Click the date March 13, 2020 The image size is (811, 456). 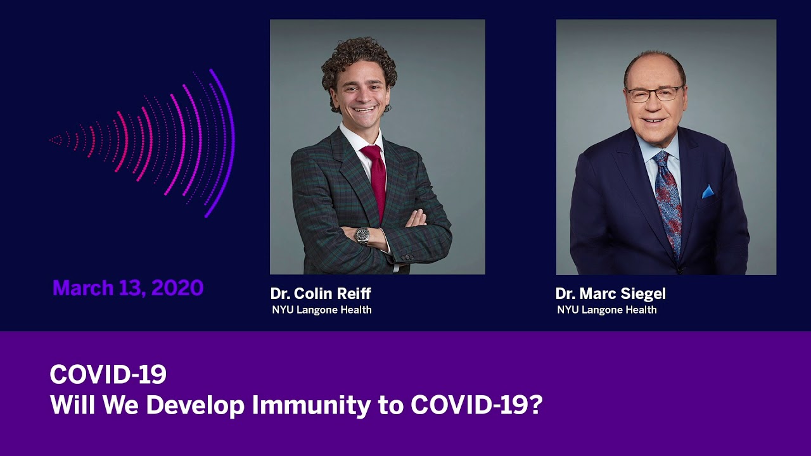[x=128, y=288]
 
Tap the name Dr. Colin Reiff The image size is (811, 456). [x=321, y=293]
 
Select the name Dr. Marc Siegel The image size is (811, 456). [x=610, y=293]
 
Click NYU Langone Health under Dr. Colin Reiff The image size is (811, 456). [x=322, y=310]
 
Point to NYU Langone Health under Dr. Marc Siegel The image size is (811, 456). [x=607, y=310]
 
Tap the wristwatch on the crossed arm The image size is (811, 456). [x=362, y=235]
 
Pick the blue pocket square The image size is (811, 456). [x=708, y=191]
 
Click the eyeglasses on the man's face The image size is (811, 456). [x=655, y=94]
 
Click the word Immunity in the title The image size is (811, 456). [x=311, y=405]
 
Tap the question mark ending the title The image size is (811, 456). [x=537, y=404]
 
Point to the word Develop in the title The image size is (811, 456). [x=195, y=405]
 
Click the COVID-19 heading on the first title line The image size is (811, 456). [x=108, y=374]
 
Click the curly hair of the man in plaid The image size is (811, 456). [x=359, y=61]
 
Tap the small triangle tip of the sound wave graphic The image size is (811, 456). [x=56, y=140]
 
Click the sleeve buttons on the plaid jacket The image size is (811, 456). [x=407, y=257]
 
